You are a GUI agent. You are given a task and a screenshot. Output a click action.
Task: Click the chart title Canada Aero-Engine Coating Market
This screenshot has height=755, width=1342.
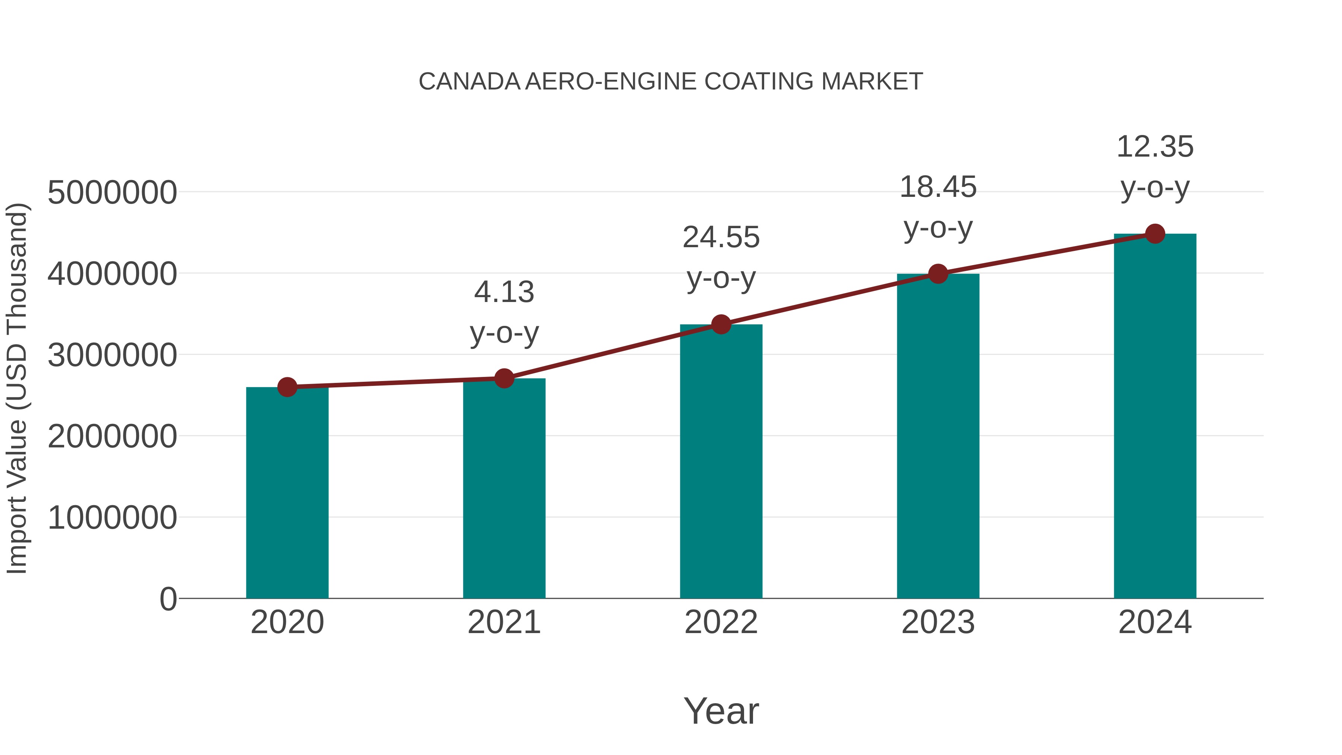pyautogui.click(x=671, y=82)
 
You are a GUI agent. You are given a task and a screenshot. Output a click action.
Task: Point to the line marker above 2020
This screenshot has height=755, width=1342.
pyautogui.click(x=287, y=387)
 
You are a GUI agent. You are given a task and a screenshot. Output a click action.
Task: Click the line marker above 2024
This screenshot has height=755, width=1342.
pyautogui.click(x=1155, y=234)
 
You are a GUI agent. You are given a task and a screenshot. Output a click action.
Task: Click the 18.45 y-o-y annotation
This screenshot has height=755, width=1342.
pyautogui.click(x=938, y=207)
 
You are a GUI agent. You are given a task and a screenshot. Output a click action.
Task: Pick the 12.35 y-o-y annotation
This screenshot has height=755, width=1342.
pyautogui.click(x=1155, y=166)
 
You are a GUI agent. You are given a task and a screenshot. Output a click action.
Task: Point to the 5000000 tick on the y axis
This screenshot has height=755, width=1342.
pyautogui.click(x=112, y=192)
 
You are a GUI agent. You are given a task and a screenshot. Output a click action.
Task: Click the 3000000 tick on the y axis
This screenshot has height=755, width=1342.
pyautogui.click(x=112, y=355)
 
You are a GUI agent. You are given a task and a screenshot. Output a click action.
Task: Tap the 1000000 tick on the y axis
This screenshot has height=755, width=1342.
pyautogui.click(x=112, y=518)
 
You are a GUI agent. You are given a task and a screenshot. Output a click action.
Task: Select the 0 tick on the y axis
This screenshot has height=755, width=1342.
pyautogui.click(x=168, y=599)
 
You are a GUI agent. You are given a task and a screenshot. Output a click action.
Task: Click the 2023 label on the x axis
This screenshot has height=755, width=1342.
pyautogui.click(x=938, y=622)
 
